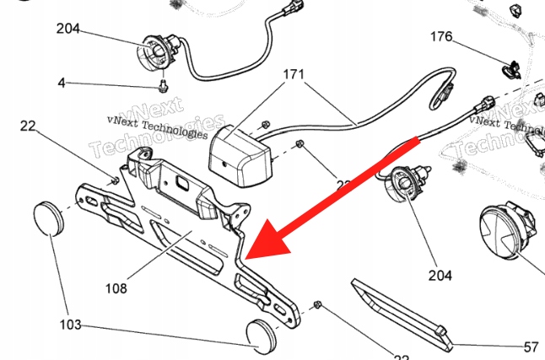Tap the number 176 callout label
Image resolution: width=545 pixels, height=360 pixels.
coord(441,37)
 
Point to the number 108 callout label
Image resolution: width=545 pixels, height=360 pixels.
coord(116,288)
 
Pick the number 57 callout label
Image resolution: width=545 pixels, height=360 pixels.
coord(531,346)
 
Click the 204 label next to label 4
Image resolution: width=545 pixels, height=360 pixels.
coord(68,29)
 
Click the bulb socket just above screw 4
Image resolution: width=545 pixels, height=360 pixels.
coord(157,52)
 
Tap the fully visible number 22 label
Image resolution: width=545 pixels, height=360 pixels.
coord(27,126)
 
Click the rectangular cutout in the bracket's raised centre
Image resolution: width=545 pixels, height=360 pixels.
coord(181,182)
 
